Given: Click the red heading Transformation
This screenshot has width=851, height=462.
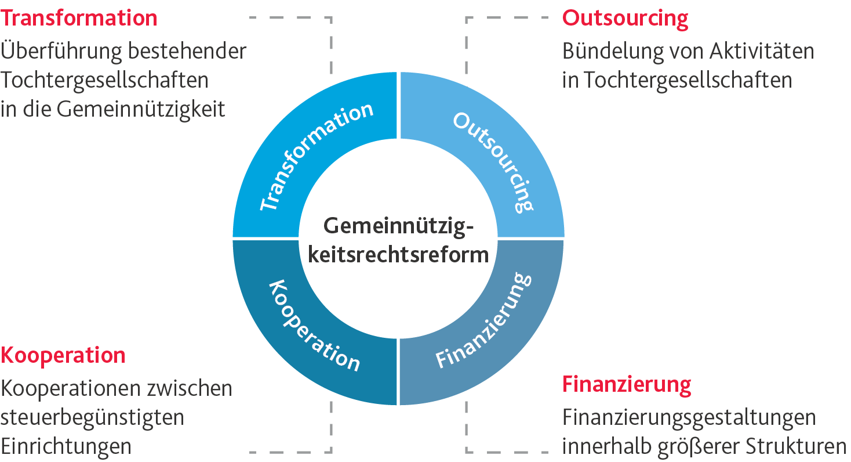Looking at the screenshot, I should (79, 18).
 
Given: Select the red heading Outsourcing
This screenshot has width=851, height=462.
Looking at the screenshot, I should (625, 18).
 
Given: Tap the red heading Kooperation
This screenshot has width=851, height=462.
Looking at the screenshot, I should (63, 355).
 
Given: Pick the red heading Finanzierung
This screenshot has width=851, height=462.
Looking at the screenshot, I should (627, 384).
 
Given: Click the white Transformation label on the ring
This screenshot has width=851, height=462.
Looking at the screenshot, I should (316, 157).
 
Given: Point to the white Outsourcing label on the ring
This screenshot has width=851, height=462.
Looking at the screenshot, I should (493, 161).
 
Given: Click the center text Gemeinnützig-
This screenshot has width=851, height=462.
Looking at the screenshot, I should (398, 225).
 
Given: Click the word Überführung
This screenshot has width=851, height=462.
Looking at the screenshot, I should (61, 51).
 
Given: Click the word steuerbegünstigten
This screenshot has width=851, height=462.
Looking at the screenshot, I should (92, 417).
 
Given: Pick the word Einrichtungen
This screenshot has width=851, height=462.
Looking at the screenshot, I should (66, 446).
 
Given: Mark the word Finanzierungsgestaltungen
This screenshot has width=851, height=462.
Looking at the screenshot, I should (689, 417).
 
